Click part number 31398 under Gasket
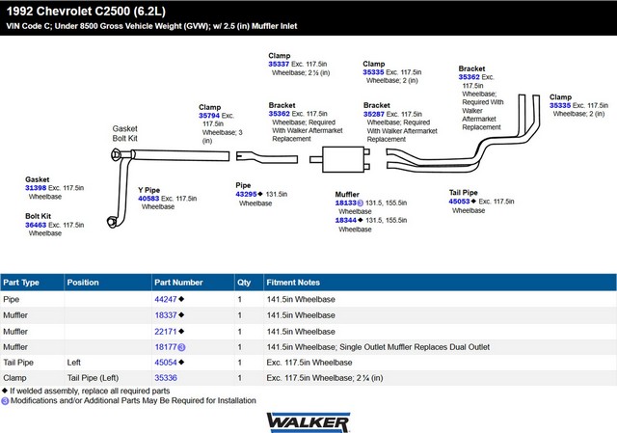point(36,188)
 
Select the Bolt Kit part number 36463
point(36,225)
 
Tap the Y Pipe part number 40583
point(148,199)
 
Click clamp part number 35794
point(209,116)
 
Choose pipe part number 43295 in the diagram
point(246,194)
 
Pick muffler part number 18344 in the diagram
point(345,220)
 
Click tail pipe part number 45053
point(459,202)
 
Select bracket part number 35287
point(374,114)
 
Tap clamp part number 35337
point(279,64)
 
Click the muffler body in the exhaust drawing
point(343,159)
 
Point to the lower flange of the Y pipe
point(112,222)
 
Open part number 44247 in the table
point(166,299)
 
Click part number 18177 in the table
point(166,347)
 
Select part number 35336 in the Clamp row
point(166,378)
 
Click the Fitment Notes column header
point(293,283)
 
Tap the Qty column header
point(244,283)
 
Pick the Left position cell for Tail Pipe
point(73,363)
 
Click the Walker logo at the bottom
point(308,422)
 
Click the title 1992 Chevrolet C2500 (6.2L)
point(86,11)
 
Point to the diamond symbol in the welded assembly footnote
point(5,391)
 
